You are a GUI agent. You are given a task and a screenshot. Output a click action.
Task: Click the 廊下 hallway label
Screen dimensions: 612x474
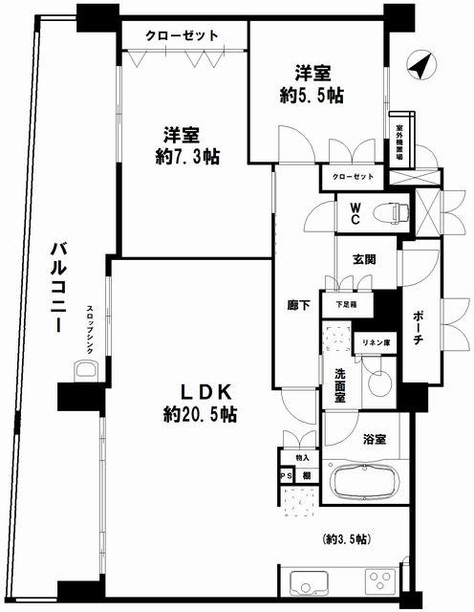coord(298,307)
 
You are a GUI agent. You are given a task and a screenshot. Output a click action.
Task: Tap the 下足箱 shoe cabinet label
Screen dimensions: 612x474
coord(345,304)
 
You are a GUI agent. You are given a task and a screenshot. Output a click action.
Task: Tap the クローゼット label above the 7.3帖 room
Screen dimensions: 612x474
coord(183,35)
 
